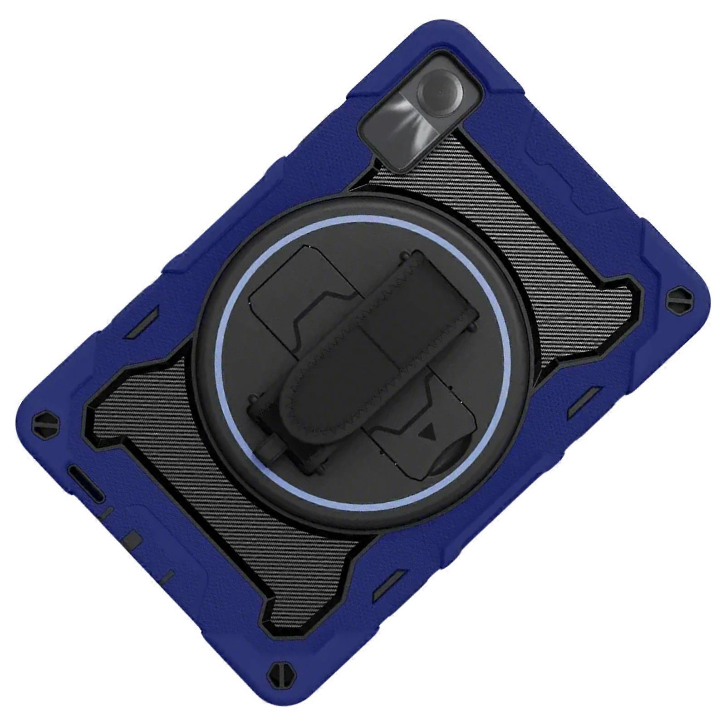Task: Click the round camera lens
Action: point(438,92)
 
